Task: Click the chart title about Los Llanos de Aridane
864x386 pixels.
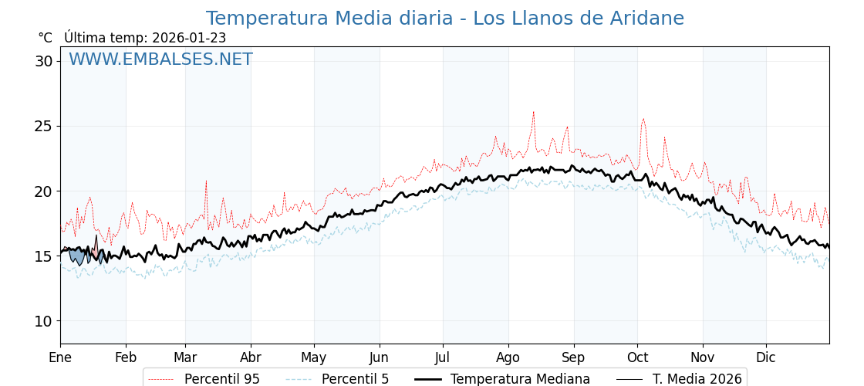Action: (444, 19)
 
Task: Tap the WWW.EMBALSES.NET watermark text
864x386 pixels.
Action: (160, 59)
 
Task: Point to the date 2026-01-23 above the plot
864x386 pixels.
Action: (189, 38)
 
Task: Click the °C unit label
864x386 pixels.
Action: (46, 38)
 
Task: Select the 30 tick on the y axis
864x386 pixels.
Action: (43, 61)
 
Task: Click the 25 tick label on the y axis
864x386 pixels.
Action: (43, 126)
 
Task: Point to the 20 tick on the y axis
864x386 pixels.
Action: (43, 191)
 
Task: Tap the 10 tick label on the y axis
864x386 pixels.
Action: (43, 321)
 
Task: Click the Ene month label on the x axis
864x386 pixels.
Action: (60, 358)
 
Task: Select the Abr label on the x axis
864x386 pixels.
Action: (251, 358)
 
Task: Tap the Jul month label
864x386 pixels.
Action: (443, 358)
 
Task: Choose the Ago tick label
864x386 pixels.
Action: (508, 358)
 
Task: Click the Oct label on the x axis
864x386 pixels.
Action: (637, 358)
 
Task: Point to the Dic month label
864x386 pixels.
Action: (766, 358)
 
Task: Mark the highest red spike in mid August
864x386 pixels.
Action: (533, 112)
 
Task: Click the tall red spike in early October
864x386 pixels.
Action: (643, 119)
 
